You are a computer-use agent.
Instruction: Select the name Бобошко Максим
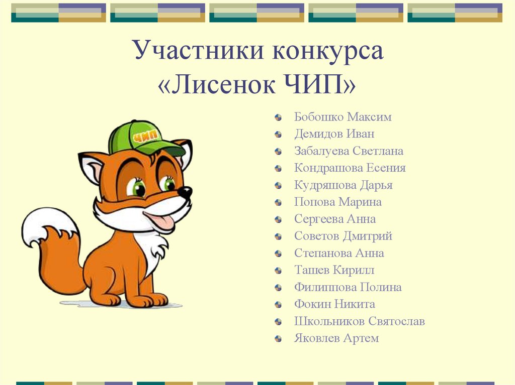pyautogui.click(x=343, y=117)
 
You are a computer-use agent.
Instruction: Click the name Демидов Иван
pyautogui.click(x=334, y=134)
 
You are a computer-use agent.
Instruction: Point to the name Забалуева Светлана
pyautogui.click(x=349, y=151)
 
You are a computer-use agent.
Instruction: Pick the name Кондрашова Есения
pyautogui.click(x=350, y=168)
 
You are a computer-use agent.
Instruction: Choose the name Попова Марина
pyautogui.click(x=338, y=202)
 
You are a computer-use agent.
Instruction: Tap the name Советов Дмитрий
pyautogui.click(x=344, y=236)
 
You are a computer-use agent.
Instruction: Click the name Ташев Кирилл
pyautogui.click(x=334, y=270)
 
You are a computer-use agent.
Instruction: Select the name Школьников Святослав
pyautogui.click(x=360, y=321)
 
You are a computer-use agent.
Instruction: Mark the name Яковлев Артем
pyautogui.click(x=336, y=338)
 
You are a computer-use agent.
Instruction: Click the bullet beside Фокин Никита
pyautogui.click(x=278, y=305)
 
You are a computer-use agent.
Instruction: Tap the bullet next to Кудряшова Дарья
pyautogui.click(x=278, y=186)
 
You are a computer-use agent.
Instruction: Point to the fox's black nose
pyautogui.click(x=185, y=192)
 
